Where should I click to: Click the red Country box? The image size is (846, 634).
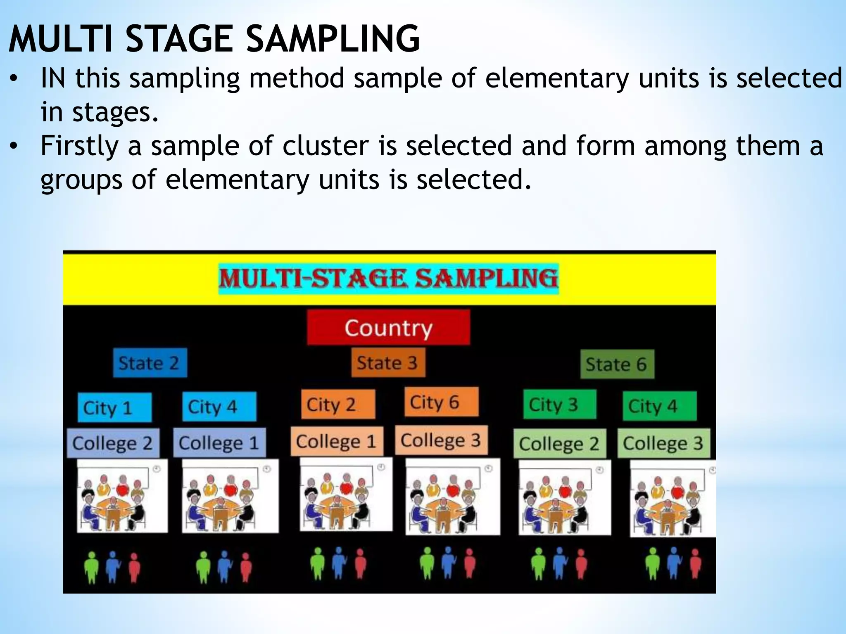[388, 328]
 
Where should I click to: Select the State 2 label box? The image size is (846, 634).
[150, 363]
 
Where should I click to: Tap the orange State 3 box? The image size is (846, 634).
[388, 363]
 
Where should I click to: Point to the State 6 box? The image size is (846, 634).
[617, 364]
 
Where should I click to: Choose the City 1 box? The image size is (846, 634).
[114, 407]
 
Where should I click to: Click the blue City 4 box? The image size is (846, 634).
[219, 407]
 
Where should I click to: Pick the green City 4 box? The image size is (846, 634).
[659, 406]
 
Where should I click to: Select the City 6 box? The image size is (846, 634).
[441, 402]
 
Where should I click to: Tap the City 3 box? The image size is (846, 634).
[559, 405]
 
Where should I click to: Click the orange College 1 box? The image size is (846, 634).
[337, 441]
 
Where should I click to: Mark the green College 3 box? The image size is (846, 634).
[663, 443]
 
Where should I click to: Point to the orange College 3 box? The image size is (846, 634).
[441, 440]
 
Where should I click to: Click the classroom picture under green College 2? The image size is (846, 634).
[564, 497]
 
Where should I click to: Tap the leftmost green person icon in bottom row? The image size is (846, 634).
[91, 568]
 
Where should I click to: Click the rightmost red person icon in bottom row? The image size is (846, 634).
[696, 564]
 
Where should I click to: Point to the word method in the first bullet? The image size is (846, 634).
[296, 78]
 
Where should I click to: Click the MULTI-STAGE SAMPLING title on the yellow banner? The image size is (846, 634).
[388, 278]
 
